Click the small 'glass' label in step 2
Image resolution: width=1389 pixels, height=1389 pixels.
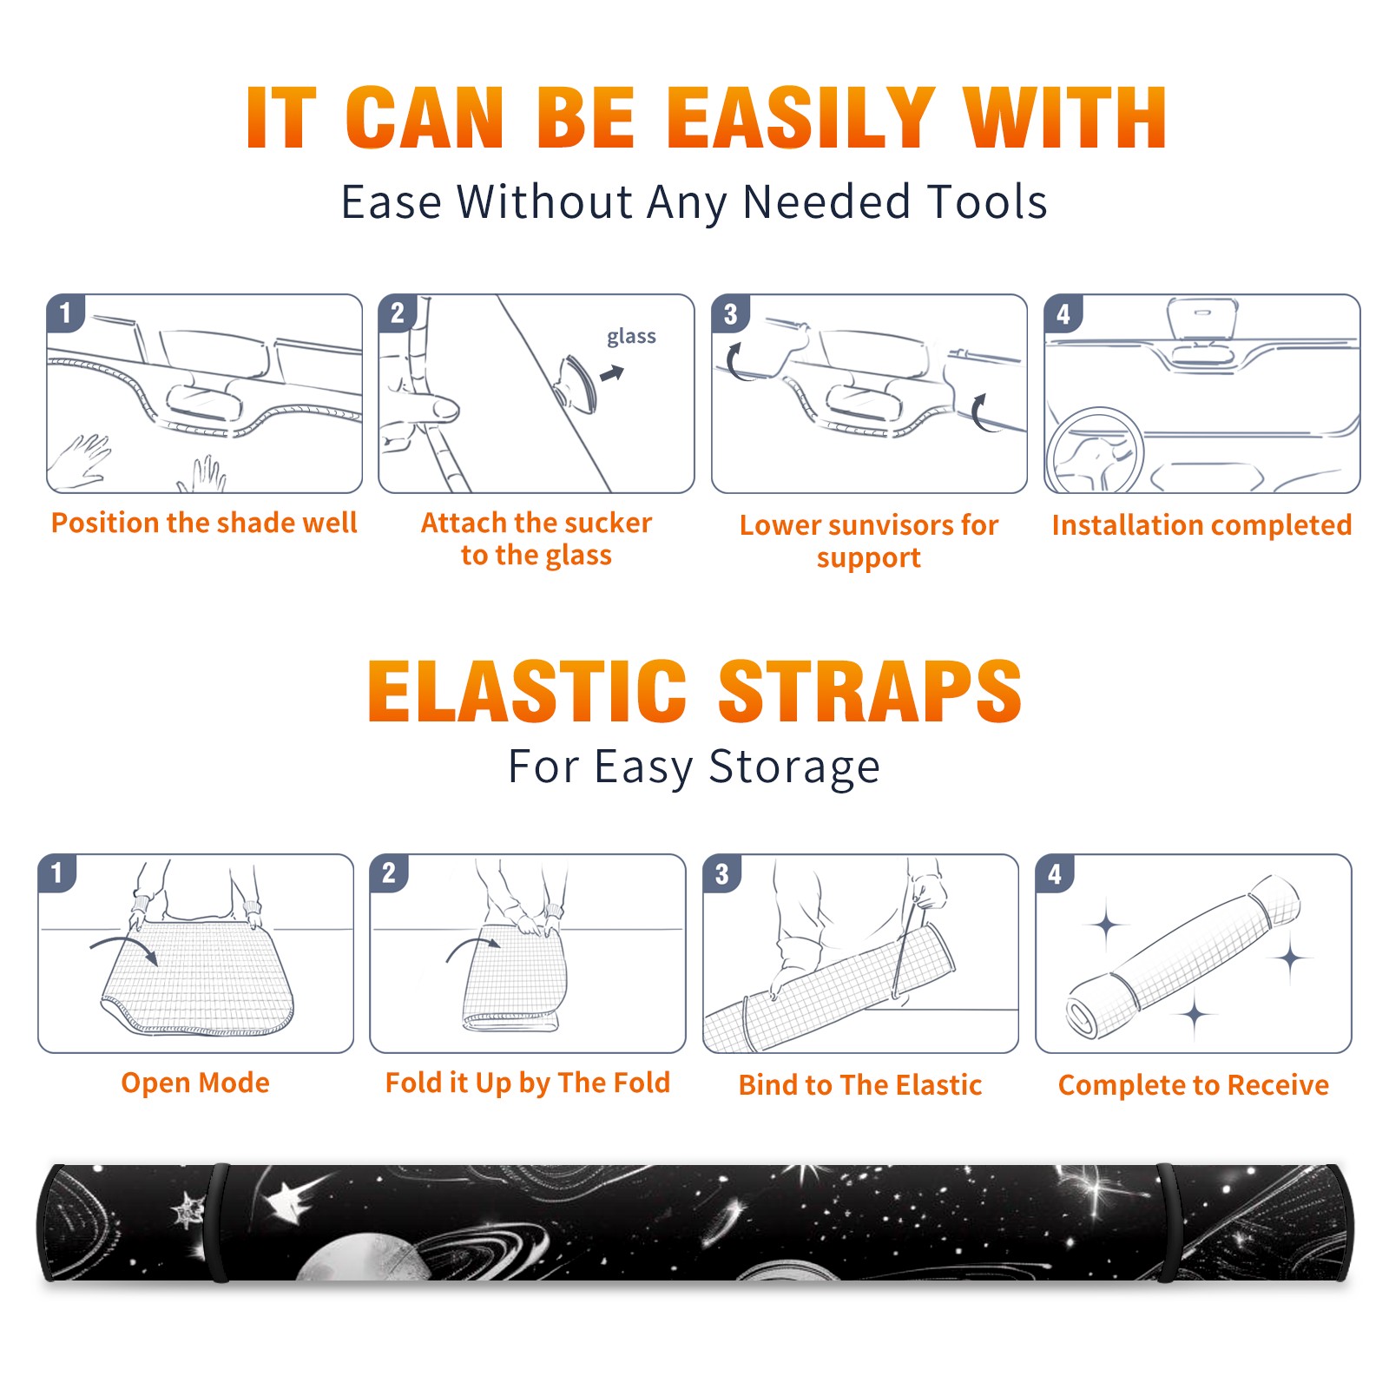coord(631,336)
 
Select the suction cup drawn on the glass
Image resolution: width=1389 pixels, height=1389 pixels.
coord(577,384)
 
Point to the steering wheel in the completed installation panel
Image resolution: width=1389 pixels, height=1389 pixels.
coord(1095,450)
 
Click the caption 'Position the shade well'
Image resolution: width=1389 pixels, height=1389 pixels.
coord(204,523)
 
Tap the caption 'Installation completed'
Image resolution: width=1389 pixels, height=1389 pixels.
coord(1201,525)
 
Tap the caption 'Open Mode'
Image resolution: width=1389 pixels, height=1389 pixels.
coord(195,1083)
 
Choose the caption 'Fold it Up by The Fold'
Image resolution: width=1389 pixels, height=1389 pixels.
coord(528,1083)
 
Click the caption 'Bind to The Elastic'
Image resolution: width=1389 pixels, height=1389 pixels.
coord(860,1085)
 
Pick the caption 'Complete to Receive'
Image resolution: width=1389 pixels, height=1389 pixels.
coord(1194,1085)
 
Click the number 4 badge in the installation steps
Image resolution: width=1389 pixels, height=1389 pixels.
coord(1063,313)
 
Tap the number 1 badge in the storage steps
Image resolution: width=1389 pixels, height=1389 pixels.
coord(57,872)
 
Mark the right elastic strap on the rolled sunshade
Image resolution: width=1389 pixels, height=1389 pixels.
coord(1167,1222)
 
